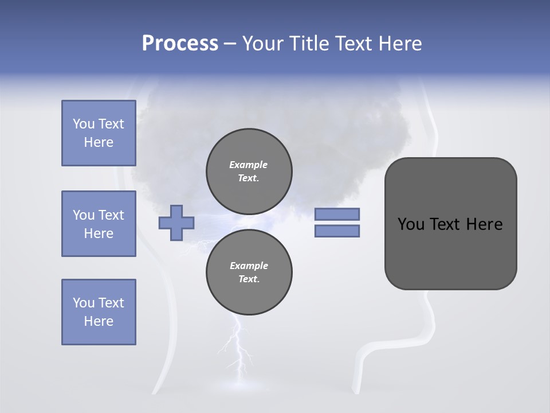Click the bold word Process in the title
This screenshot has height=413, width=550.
coord(180,44)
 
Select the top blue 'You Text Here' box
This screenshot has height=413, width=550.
coord(99,133)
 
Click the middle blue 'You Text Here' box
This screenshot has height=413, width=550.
coord(99,224)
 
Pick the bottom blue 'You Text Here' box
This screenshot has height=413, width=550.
coord(99,312)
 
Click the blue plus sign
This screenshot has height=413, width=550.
coord(176,223)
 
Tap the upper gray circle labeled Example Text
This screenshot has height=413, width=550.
coord(249,171)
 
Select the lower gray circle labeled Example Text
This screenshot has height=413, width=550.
coord(249,272)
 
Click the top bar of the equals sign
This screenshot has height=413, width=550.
coord(337,215)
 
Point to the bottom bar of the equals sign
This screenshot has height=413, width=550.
coord(337,231)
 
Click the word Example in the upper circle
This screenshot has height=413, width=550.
coord(249,165)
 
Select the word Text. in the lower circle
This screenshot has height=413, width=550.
coord(249,279)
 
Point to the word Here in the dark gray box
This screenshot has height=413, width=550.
coord(484,224)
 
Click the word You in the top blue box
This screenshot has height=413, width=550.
coord(83,124)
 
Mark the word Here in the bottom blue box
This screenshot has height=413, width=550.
coord(99,321)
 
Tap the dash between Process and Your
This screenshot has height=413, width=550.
coord(230,44)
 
